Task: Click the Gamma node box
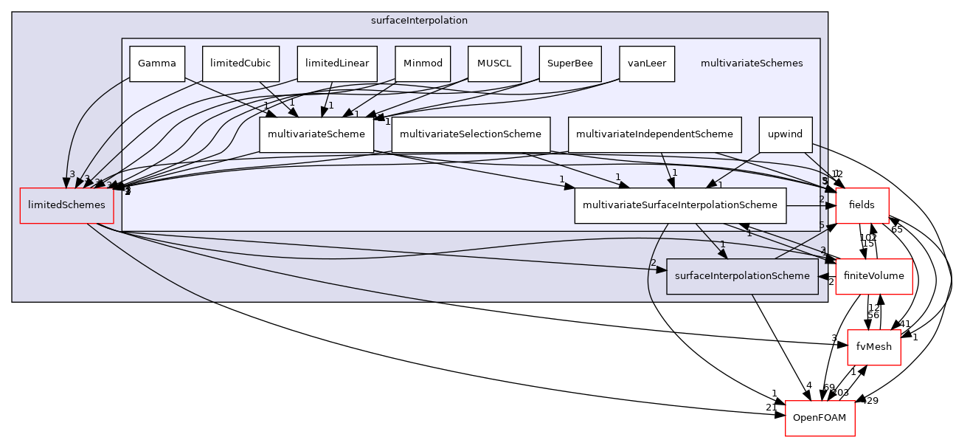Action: point(156,63)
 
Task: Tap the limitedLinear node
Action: point(337,63)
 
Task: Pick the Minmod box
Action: point(423,63)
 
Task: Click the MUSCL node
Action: point(494,63)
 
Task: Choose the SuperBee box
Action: point(569,63)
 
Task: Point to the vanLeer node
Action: point(646,63)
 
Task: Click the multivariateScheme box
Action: point(316,134)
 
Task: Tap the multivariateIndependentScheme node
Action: point(654,134)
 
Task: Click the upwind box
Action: point(785,134)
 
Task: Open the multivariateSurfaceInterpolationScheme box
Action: point(679,205)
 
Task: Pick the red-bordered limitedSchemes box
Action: point(66,205)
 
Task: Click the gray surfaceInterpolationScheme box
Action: point(741,276)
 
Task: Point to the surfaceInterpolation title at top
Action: point(419,21)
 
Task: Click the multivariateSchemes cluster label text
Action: point(751,63)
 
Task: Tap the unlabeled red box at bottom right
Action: point(820,419)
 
